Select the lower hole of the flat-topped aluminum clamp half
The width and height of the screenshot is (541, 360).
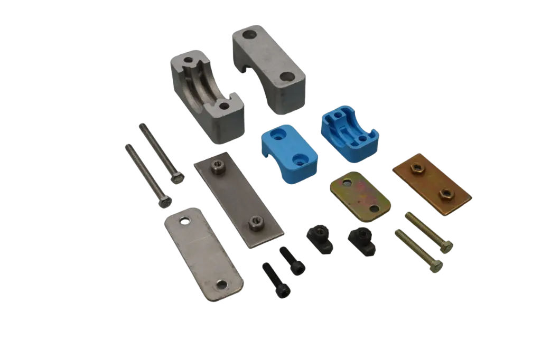(286, 77)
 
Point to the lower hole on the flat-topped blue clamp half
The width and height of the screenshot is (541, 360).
(301, 157)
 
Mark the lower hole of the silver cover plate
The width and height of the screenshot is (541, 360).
(222, 285)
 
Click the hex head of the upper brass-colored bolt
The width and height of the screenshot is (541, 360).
(446, 247)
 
